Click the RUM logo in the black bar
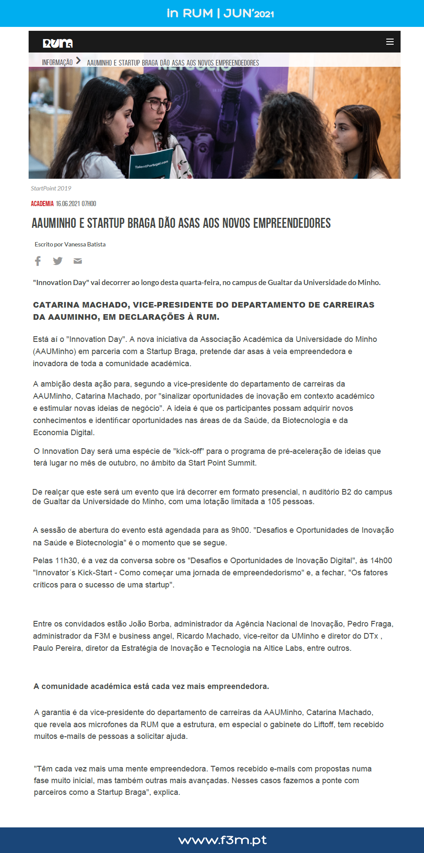(58, 43)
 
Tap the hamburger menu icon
(390, 42)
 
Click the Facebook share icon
(38, 261)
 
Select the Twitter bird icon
(58, 261)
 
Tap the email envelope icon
(78, 261)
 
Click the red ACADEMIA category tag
(42, 203)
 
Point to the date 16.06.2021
(68, 203)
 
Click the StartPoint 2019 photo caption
(51, 188)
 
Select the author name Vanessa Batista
(85, 244)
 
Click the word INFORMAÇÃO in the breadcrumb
(57, 62)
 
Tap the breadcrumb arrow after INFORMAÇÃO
(78, 61)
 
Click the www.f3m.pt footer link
(222, 840)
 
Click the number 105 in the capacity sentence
(274, 502)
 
